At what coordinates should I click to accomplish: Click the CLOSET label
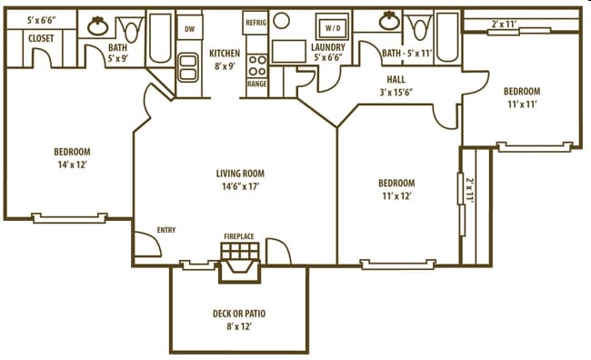tap(40, 38)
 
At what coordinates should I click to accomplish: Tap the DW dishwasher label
tap(189, 29)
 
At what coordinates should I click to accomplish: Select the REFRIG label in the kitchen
tap(255, 20)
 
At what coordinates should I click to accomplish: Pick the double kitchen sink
tap(189, 66)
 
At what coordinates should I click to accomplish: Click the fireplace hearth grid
tap(240, 251)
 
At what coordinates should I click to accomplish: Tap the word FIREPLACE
tap(239, 236)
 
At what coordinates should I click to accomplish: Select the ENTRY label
tap(166, 230)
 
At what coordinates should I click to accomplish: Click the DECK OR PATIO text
tap(239, 314)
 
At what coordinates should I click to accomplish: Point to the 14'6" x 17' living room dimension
tap(240, 186)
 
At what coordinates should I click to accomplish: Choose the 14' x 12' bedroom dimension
tap(71, 165)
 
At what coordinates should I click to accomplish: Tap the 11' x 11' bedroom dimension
tap(522, 105)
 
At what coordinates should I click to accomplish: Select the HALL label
tap(395, 79)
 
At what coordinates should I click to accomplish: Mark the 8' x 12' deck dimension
tap(239, 327)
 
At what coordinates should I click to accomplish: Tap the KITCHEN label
tap(225, 53)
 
